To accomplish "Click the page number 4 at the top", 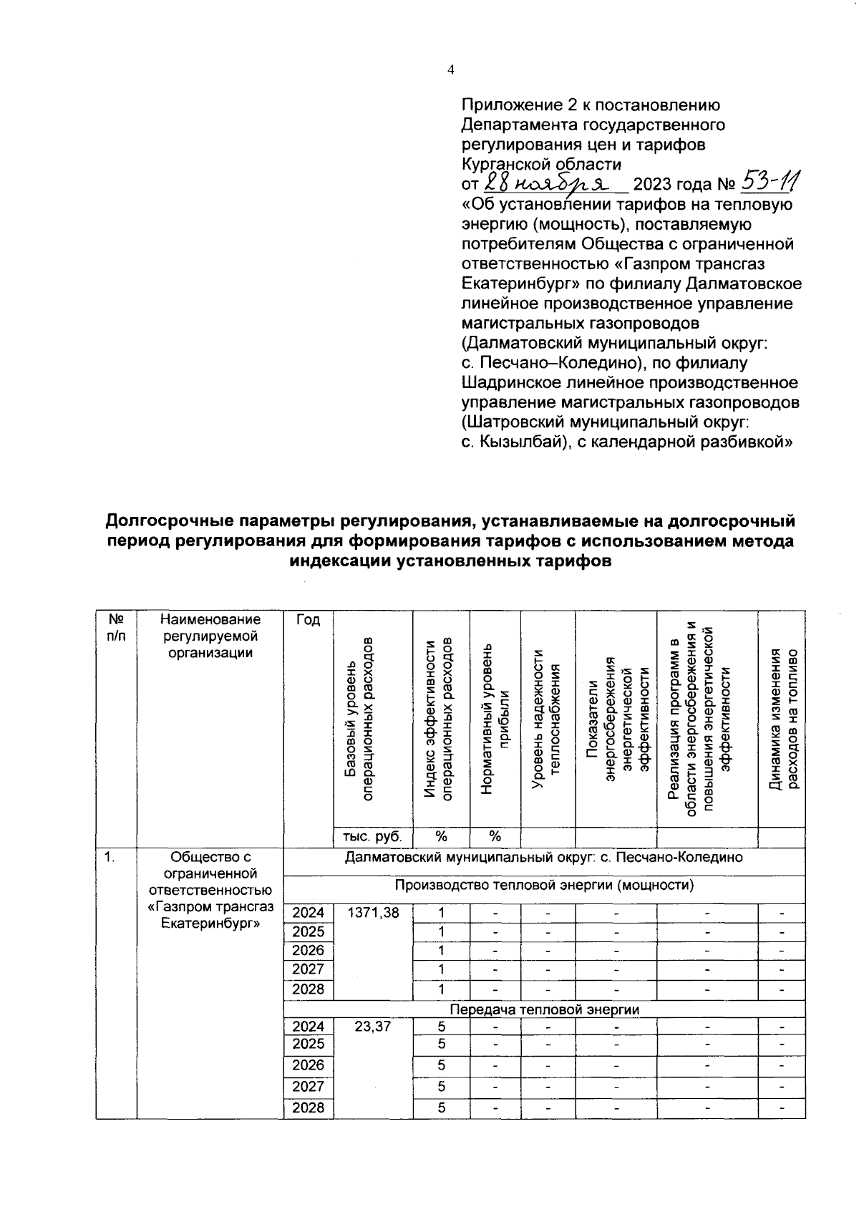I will pos(450,69).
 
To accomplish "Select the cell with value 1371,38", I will pos(373,913).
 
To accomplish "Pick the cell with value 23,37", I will pos(373,1026).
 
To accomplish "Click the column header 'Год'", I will pos(308,620).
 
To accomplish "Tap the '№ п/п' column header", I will pos(115,627).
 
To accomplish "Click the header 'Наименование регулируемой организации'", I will pos(210,636).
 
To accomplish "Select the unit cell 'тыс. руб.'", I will pos(372,837).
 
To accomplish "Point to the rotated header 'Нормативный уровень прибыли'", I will pos(495,718).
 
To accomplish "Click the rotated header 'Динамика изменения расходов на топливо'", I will pos(782,718).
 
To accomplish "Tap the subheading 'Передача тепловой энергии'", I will pos(544,1009).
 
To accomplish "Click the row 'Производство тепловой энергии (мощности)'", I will pos(544,885).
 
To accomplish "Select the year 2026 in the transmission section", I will pos(308,1065).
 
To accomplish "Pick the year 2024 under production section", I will pos(308,913).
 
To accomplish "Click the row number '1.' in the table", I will pos(109,857).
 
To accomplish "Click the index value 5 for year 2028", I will pos(442,1107).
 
